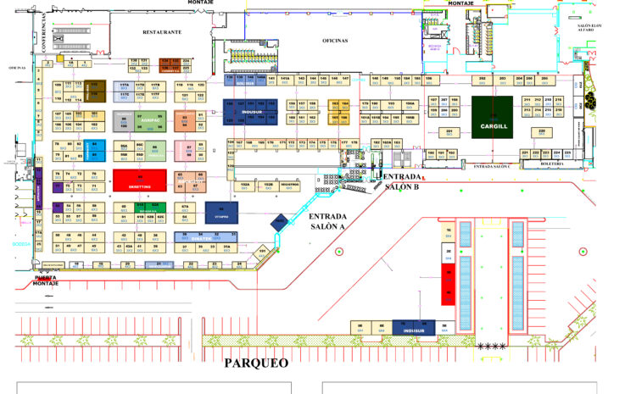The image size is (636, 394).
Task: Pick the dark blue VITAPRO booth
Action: coord(221,212)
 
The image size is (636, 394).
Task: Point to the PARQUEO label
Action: coord(255,363)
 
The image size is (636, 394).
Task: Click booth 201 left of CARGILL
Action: coord(449,132)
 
